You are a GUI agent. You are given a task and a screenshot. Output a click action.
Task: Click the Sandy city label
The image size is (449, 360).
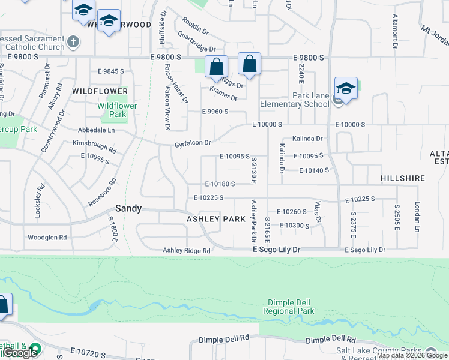(128, 209)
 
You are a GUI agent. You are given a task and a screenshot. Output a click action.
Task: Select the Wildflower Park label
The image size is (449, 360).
(117, 110)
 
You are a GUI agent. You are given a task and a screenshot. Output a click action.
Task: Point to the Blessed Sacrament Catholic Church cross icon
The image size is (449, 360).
(73, 42)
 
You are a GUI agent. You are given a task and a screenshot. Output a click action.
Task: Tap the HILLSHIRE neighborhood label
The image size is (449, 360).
(402, 179)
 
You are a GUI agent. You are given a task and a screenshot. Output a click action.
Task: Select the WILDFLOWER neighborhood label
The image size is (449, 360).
(100, 91)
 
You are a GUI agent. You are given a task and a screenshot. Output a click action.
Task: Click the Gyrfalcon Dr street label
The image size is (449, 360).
(193, 143)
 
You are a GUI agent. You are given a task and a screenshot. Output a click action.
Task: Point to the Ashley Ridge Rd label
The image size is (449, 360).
(187, 250)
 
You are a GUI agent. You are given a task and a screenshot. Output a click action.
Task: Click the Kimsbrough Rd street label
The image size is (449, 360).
(93, 145)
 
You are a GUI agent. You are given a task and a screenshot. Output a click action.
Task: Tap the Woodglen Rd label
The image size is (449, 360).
(47, 238)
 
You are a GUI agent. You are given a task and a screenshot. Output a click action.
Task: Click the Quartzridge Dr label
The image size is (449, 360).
(196, 49)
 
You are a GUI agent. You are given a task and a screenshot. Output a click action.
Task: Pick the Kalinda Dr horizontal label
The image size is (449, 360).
(307, 139)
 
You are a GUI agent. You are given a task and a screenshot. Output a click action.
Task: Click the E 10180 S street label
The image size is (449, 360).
(220, 184)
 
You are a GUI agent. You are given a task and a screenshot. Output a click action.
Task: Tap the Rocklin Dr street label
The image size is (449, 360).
(195, 26)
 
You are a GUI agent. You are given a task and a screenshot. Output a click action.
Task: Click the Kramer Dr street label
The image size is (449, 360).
(223, 94)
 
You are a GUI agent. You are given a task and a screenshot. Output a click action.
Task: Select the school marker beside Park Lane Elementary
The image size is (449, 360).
(346, 89)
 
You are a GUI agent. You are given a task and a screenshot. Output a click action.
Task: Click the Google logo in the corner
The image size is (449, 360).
(20, 353)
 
